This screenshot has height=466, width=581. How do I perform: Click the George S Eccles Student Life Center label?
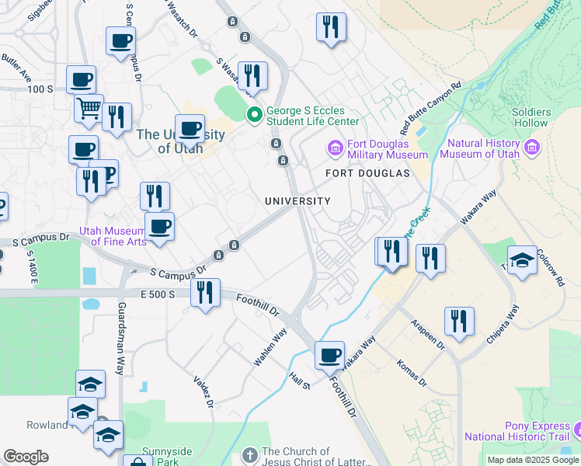(312, 116)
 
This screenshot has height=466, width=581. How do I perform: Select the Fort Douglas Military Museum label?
(377, 148)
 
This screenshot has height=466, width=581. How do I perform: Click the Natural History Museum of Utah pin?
(532, 147)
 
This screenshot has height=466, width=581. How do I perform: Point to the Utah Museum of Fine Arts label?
(113, 236)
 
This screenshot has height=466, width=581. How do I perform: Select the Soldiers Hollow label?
(531, 117)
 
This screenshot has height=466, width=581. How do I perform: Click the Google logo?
(26, 457)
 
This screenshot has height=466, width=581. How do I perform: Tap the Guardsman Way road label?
(120, 339)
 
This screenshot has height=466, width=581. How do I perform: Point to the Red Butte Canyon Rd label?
(430, 107)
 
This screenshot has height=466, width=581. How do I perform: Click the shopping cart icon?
(89, 108)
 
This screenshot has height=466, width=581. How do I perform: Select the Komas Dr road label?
(412, 373)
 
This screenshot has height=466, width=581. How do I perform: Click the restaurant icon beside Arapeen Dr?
(459, 321)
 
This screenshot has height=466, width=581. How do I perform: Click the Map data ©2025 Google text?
(533, 460)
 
